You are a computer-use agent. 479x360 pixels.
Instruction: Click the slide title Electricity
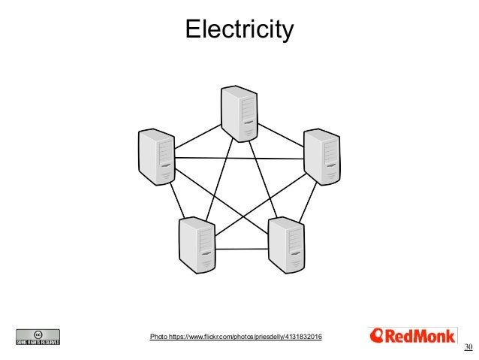pyautogui.click(x=239, y=30)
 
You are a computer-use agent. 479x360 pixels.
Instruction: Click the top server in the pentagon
pyautogui.click(x=239, y=113)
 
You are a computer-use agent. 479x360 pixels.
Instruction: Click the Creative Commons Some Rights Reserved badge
pyautogui.click(x=38, y=337)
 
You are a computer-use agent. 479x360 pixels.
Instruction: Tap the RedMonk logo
pyautogui.click(x=412, y=336)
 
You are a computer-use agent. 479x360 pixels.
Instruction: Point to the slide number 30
pyautogui.click(x=468, y=346)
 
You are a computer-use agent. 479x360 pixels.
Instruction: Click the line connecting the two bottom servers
pyautogui.click(x=242, y=246)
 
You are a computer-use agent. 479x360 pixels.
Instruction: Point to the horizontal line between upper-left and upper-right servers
pyautogui.click(x=239, y=158)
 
